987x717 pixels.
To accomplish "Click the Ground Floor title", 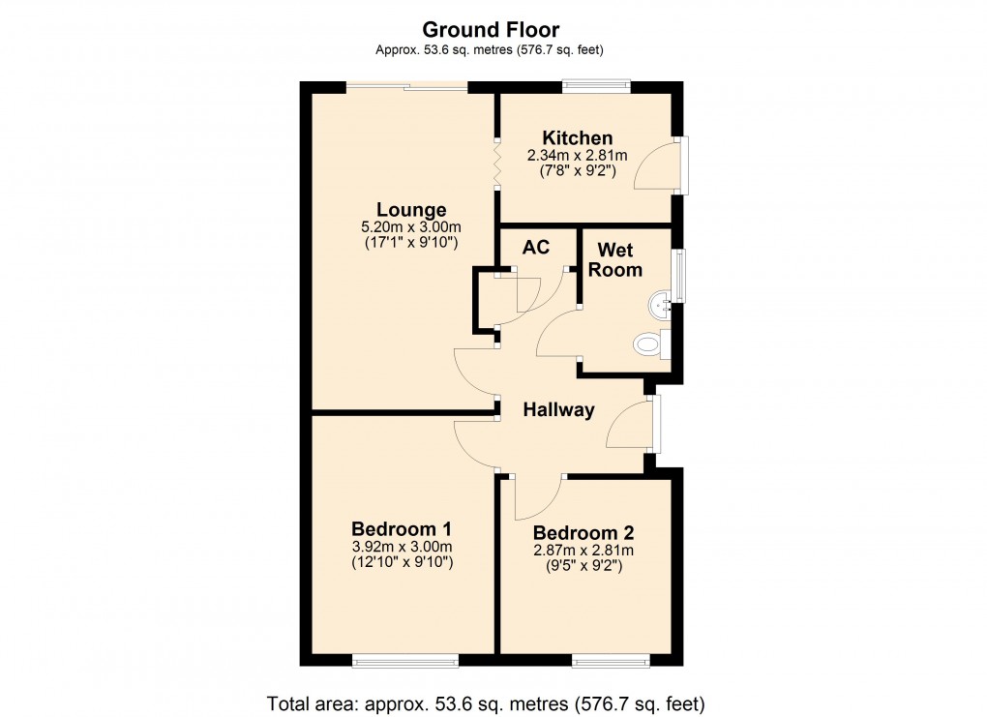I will tap(492, 30).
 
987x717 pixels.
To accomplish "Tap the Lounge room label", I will tap(411, 210).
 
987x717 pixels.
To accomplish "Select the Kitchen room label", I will tap(577, 138).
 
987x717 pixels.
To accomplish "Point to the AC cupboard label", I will tap(535, 248).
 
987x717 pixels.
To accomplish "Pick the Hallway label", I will tap(558, 410).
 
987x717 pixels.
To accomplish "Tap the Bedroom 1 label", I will tap(401, 529).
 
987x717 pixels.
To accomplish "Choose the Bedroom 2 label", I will tap(583, 533).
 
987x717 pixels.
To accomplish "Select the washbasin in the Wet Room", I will tap(663, 306).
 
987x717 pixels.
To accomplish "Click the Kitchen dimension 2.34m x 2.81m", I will tap(577, 156).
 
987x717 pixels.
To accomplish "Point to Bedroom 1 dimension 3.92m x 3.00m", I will tap(401, 547).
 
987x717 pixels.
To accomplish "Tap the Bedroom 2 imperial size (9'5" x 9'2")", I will tap(583, 565).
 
